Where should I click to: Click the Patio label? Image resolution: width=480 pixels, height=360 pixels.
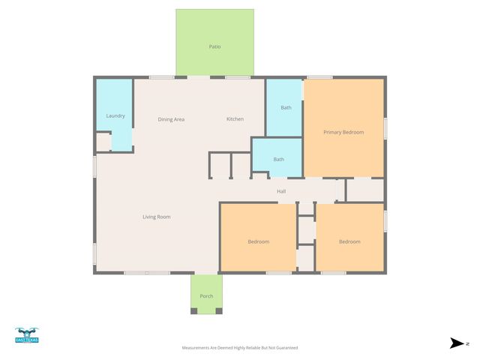[x=214, y=46]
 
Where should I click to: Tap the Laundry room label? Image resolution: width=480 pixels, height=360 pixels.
[x=115, y=115]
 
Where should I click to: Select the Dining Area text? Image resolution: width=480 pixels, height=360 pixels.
[x=171, y=119]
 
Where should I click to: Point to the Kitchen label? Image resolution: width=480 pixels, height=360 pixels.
[x=235, y=119]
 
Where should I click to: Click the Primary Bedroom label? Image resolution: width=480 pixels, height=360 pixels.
[x=343, y=132]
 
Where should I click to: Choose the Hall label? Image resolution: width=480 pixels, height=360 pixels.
[x=281, y=191]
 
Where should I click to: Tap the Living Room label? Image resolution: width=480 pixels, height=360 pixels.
[x=157, y=217]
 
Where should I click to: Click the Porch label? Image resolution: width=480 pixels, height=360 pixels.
[x=206, y=296]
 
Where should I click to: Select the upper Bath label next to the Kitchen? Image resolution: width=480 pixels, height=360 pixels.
[x=286, y=108]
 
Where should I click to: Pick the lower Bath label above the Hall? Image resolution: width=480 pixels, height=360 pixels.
[x=278, y=159]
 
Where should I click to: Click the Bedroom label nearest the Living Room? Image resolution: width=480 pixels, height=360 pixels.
[x=259, y=241]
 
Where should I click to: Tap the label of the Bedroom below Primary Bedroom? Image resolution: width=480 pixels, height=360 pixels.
[x=349, y=241]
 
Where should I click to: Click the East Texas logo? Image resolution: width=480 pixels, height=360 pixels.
[x=26, y=335]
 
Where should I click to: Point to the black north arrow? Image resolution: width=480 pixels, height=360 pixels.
[x=457, y=343]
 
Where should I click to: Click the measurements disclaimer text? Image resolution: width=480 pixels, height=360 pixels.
[x=240, y=348]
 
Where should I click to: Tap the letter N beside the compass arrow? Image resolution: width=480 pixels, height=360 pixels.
[x=467, y=343]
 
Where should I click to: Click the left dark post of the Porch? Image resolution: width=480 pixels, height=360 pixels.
[x=193, y=311]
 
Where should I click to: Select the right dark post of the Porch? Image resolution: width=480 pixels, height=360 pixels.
[x=219, y=311]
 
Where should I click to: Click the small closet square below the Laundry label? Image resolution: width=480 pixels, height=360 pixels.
[x=103, y=142]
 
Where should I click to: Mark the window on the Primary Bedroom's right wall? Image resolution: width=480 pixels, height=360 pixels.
[x=385, y=127]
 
